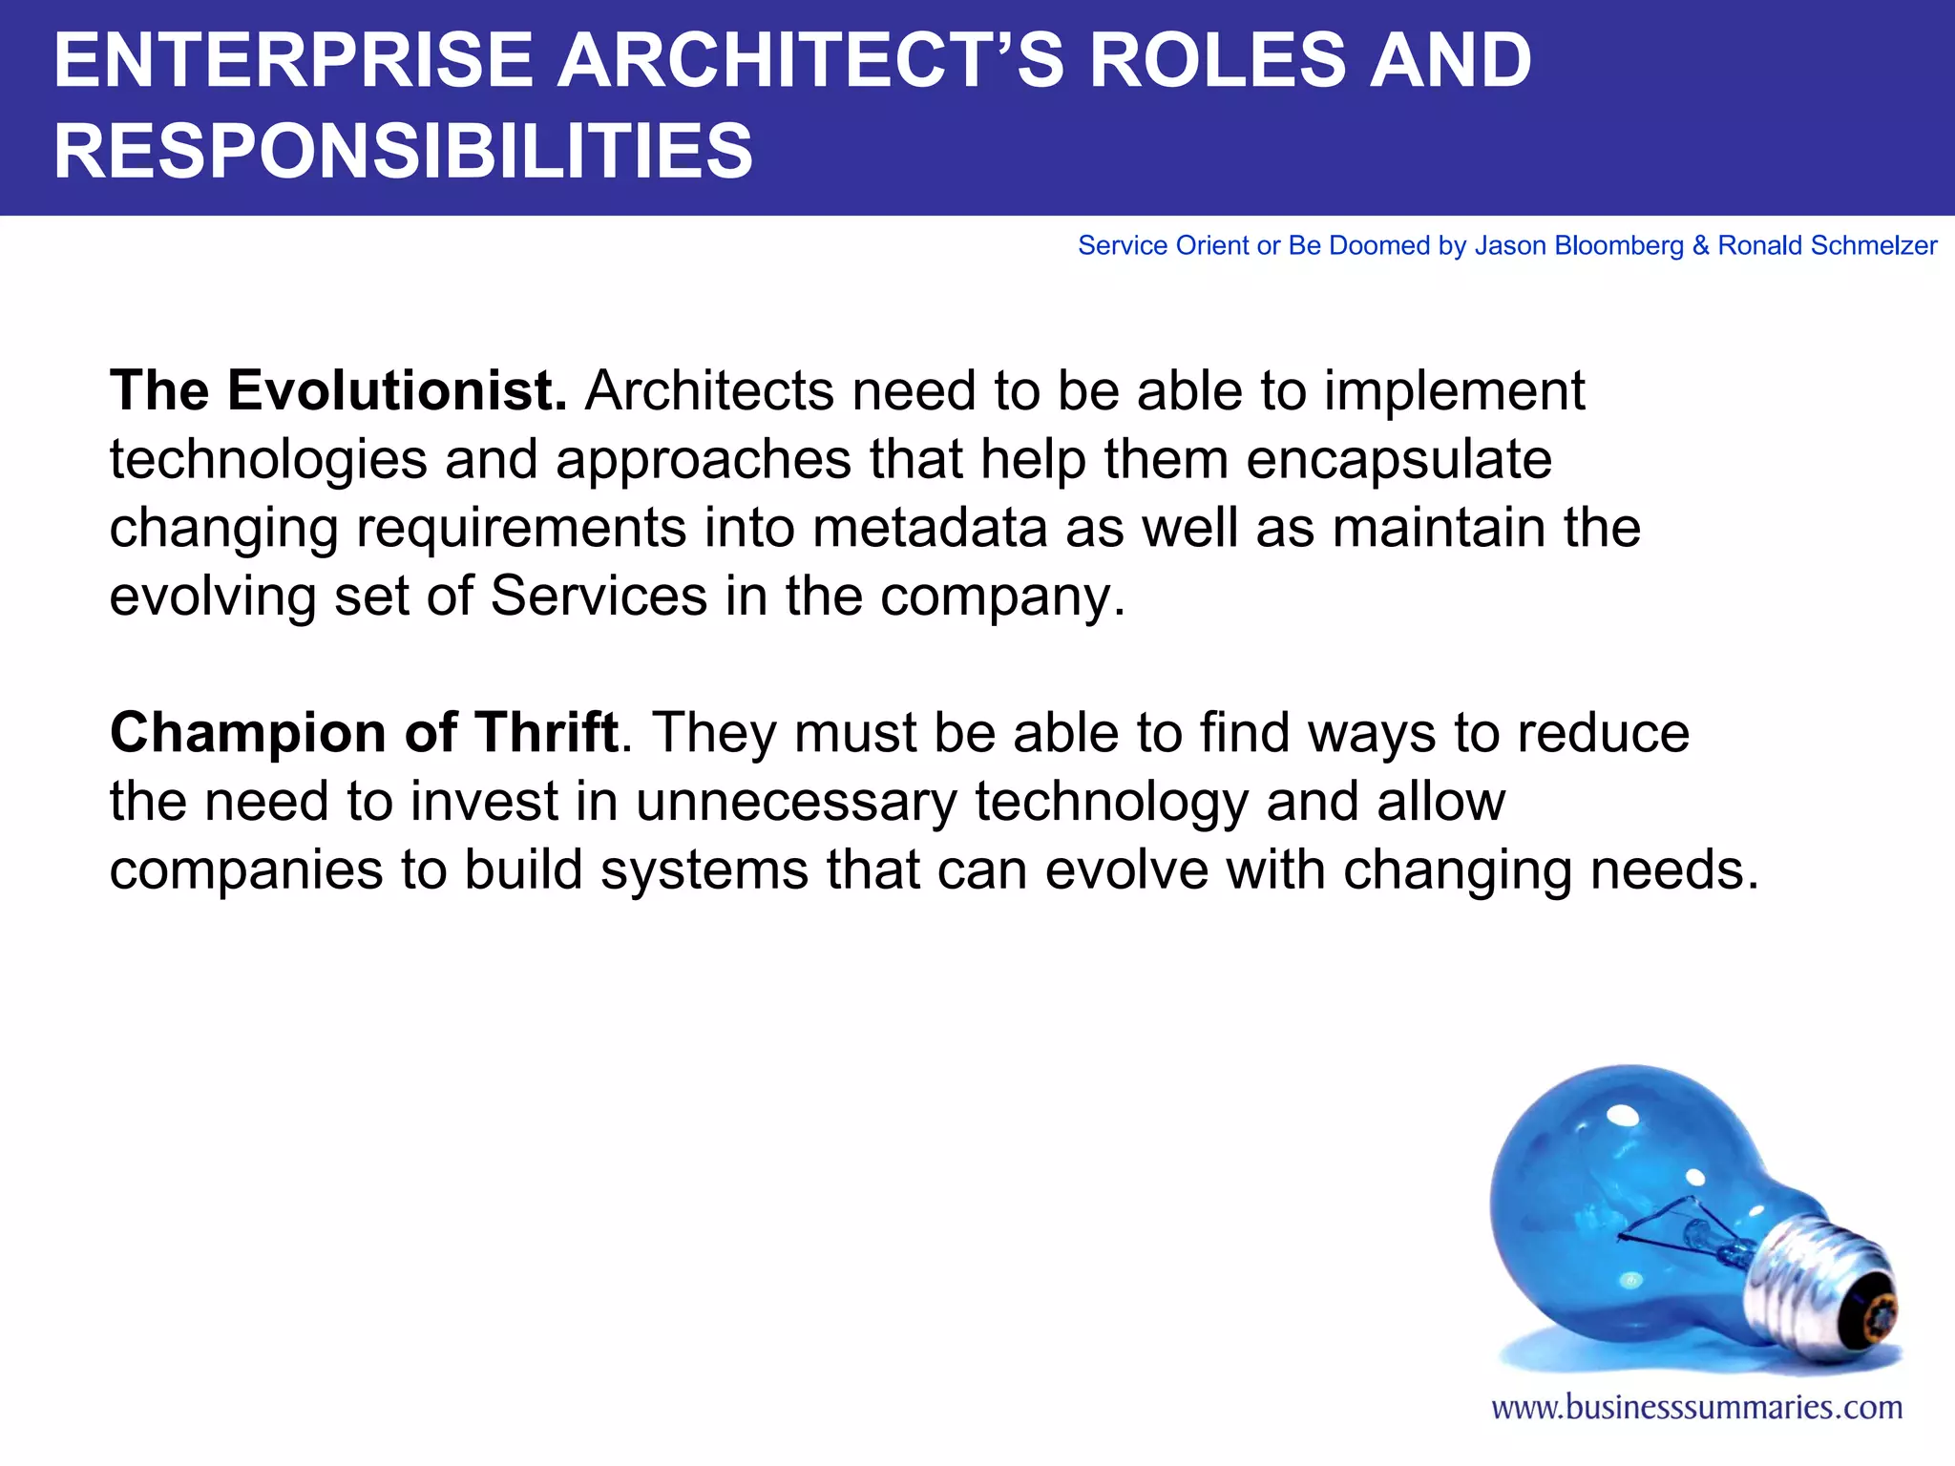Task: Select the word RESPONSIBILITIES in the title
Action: coord(403,151)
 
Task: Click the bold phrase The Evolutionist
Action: coord(339,390)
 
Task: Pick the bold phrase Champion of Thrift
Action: coord(364,732)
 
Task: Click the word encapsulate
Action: coord(1398,459)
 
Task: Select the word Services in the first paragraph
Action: coord(599,596)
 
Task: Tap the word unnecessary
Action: coord(795,801)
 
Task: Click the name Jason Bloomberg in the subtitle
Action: coord(1579,245)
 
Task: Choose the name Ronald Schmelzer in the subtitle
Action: coord(1827,245)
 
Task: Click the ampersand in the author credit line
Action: coord(1700,245)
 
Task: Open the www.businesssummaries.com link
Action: coord(1696,1407)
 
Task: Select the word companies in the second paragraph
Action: coord(246,869)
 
